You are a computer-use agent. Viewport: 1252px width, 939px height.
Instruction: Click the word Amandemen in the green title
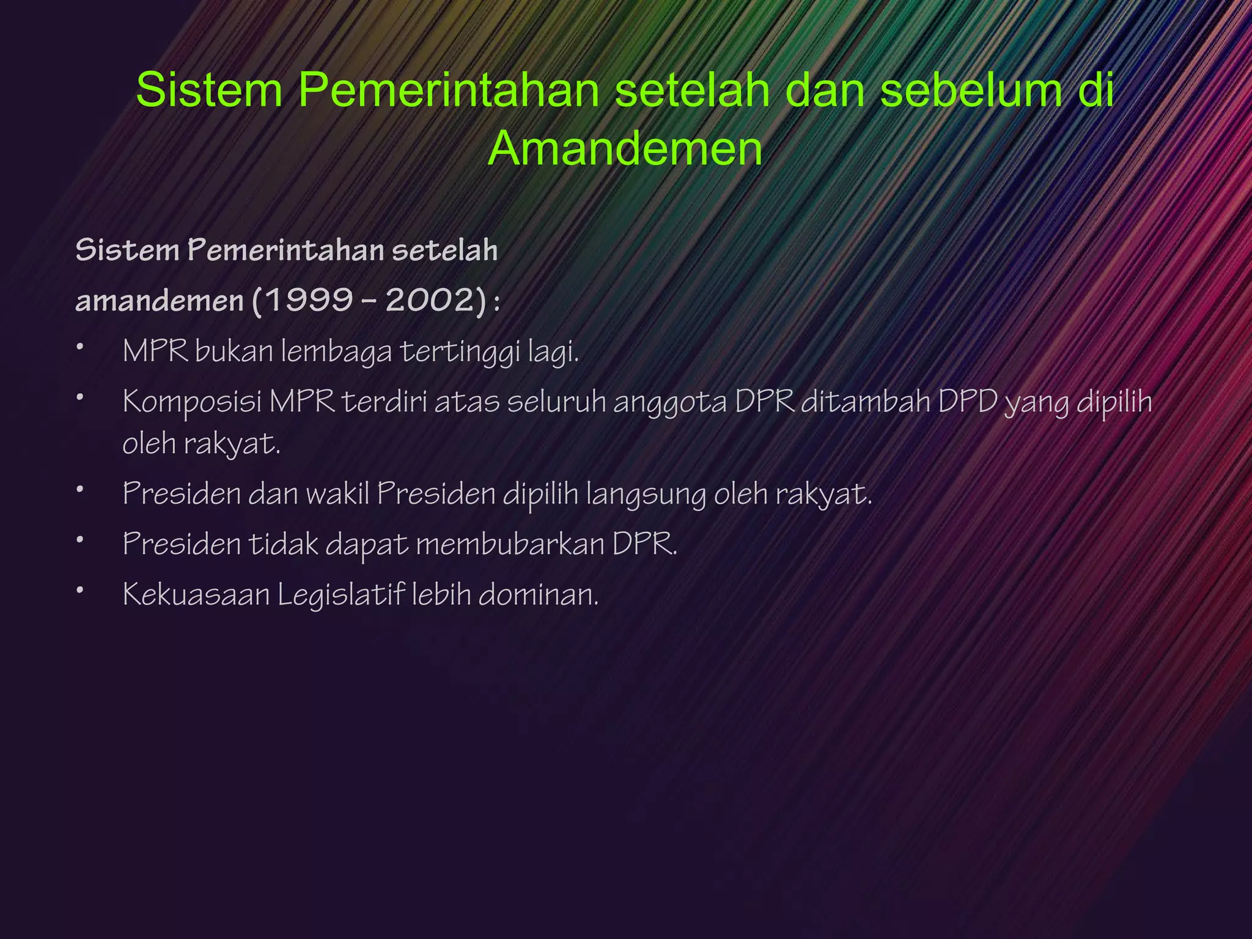(x=625, y=149)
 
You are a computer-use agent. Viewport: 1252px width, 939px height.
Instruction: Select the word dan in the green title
(x=824, y=90)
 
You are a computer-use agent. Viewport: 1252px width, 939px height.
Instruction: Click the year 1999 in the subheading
(x=309, y=300)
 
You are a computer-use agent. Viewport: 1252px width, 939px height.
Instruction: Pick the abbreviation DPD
(x=968, y=402)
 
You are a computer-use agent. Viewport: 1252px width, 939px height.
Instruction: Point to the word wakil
(x=337, y=493)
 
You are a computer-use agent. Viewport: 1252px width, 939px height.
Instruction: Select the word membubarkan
(x=510, y=543)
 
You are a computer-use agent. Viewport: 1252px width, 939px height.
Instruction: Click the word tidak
(x=283, y=543)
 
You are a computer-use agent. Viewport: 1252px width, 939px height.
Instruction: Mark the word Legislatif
(x=341, y=595)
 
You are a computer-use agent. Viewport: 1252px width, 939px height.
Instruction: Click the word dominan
(x=538, y=595)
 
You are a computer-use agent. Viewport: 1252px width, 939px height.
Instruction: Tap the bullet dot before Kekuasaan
(x=79, y=591)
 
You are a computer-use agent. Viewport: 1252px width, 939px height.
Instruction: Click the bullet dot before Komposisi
(x=79, y=397)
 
